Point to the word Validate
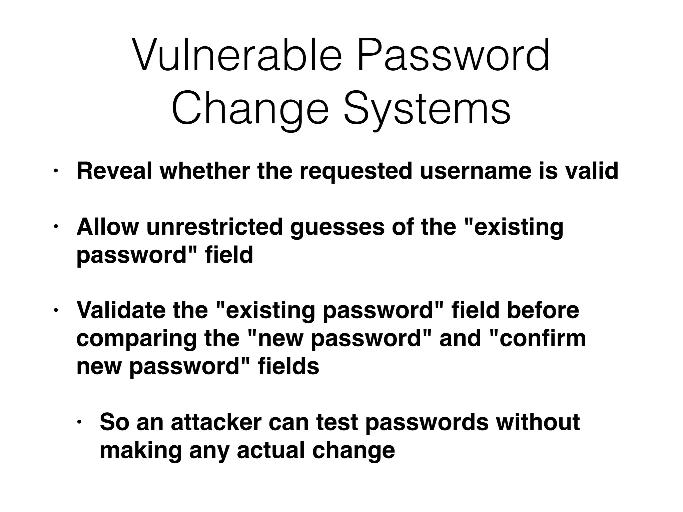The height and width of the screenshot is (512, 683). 121,310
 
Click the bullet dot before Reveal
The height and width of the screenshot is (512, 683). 56,171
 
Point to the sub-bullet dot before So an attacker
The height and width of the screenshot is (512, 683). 79,422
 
